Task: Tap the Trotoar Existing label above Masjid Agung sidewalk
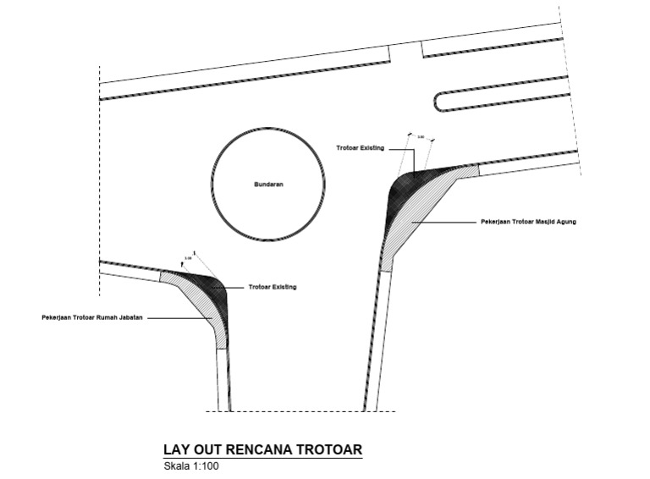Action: tap(360, 148)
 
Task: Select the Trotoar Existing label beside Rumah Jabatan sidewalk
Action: tap(273, 287)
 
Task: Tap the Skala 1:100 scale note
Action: tap(191, 465)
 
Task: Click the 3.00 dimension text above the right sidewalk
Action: tap(420, 136)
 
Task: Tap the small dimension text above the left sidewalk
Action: tap(188, 257)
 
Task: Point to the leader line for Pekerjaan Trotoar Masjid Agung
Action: tap(444, 222)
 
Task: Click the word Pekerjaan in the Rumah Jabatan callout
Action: tap(58, 318)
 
